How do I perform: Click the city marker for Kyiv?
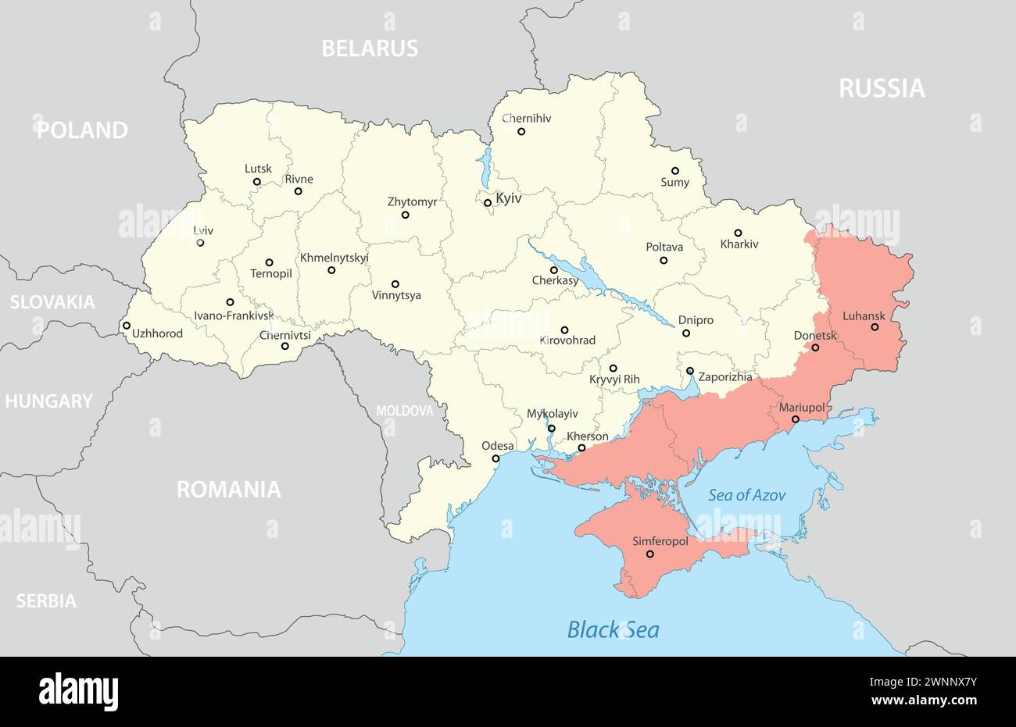click(x=488, y=203)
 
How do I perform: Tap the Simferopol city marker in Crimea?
click(x=649, y=554)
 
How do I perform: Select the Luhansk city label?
click(x=864, y=316)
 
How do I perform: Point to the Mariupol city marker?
click(x=796, y=419)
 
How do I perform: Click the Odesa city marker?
click(x=495, y=458)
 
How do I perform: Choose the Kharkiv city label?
click(x=739, y=244)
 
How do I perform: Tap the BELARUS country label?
click(x=370, y=48)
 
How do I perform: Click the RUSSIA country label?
click(x=882, y=89)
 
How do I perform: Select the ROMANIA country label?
click(x=228, y=490)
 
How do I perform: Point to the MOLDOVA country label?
click(x=404, y=411)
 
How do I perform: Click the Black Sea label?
click(x=613, y=629)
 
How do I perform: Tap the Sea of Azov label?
click(x=746, y=495)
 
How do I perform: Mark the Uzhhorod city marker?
click(x=127, y=326)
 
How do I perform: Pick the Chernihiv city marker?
click(x=521, y=131)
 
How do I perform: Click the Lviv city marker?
click(x=200, y=243)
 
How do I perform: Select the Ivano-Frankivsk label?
click(x=234, y=316)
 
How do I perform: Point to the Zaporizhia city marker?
click(x=690, y=371)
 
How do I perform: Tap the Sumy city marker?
click(x=675, y=170)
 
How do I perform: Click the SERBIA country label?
click(x=46, y=601)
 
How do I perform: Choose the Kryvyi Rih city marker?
click(x=614, y=368)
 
